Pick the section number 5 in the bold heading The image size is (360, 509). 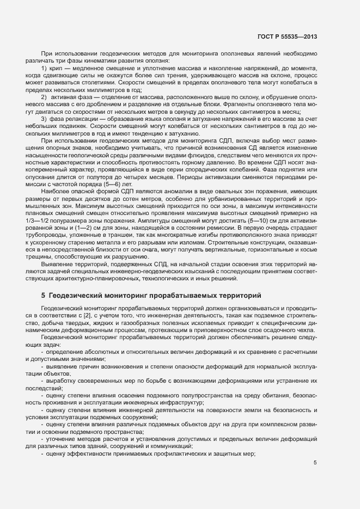(x=43, y=295)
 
